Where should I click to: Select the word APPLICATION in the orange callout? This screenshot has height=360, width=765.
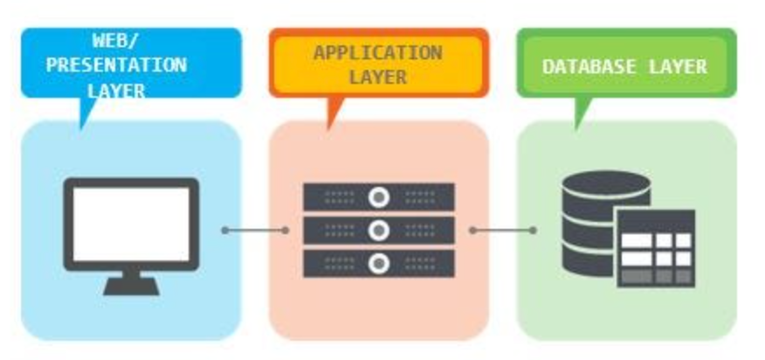[377, 52]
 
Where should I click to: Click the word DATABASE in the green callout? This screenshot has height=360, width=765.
[591, 66]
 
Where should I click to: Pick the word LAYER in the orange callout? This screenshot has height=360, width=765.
[377, 77]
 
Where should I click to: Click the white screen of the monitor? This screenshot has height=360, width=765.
[131, 224]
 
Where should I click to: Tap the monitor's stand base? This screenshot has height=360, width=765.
[131, 286]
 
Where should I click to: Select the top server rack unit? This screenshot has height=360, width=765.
[378, 197]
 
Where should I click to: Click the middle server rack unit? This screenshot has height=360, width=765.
[378, 231]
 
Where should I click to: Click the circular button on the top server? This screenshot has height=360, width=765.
[378, 197]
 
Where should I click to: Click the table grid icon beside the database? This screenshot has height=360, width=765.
[657, 249]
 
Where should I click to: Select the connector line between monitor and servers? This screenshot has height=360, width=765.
[255, 231]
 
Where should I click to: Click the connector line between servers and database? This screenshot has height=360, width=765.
[502, 231]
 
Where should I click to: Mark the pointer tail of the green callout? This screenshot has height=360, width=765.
[581, 114]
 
